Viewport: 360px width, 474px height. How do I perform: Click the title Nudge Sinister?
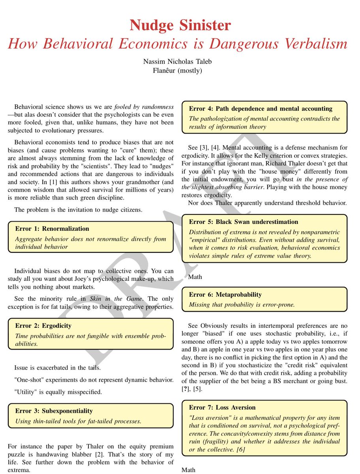[x=180, y=25]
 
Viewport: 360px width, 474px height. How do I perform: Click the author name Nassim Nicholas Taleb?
[x=180, y=62]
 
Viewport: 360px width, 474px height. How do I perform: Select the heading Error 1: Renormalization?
[x=52, y=229]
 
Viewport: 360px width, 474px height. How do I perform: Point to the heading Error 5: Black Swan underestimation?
[x=244, y=222]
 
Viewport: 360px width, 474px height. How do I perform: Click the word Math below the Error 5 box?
[x=195, y=277]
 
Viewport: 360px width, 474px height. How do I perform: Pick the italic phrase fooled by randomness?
[x=144, y=107]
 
